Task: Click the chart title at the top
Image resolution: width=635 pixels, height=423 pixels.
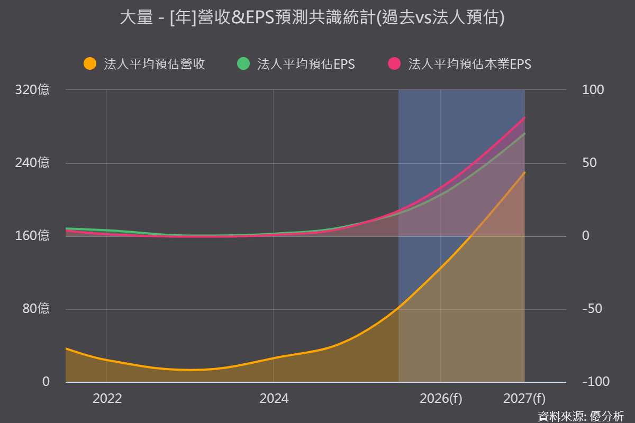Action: (312, 17)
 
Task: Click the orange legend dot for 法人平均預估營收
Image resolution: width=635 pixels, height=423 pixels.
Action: (90, 63)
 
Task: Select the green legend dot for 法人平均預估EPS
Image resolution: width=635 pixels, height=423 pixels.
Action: (243, 63)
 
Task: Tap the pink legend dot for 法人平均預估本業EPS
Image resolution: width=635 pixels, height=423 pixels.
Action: (394, 63)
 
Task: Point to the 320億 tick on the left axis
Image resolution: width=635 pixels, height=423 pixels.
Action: (32, 89)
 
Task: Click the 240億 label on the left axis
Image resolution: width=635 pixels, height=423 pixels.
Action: (32, 163)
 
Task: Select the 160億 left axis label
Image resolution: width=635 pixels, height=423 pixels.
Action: (32, 235)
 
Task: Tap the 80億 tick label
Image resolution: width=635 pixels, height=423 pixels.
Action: (36, 308)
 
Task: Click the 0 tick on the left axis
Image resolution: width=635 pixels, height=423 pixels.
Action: (46, 382)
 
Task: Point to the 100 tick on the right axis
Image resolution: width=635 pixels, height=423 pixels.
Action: (593, 90)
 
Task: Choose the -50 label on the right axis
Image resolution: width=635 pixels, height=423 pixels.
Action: (592, 309)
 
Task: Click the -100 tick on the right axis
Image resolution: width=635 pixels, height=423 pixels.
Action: (596, 382)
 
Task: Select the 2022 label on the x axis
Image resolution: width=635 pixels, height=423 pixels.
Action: (107, 399)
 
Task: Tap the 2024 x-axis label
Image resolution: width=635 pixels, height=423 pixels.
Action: (274, 399)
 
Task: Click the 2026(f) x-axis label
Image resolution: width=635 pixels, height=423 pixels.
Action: (441, 399)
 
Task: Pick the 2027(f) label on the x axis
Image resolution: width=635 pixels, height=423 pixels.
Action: (524, 399)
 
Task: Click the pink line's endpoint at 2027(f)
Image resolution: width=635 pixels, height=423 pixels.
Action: (524, 117)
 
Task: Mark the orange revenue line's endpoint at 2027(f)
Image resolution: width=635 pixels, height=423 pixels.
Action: (524, 172)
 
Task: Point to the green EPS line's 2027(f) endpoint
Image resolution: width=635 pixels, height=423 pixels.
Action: (524, 133)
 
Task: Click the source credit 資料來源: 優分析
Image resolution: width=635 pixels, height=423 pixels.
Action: (581, 416)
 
